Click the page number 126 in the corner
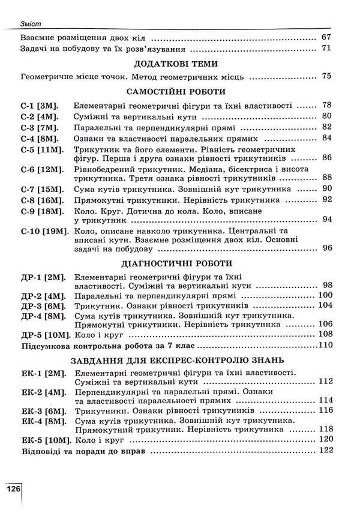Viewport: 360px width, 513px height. (13, 488)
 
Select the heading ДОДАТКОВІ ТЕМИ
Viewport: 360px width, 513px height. (176, 63)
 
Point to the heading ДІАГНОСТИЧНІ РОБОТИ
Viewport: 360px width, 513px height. (176, 263)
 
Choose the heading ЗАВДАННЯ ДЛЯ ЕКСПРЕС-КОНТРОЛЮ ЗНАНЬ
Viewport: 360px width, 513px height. (176, 360)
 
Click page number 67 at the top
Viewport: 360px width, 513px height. (326, 37)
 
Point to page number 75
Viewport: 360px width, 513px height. (326, 76)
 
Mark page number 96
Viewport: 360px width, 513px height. (326, 247)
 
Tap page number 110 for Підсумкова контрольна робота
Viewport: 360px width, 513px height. (325, 346)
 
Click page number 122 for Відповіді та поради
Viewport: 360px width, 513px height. (325, 450)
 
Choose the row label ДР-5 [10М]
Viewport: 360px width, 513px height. (44, 335)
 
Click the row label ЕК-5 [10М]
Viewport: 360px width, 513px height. (44, 440)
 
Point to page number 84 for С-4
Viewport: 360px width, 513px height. (326, 138)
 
